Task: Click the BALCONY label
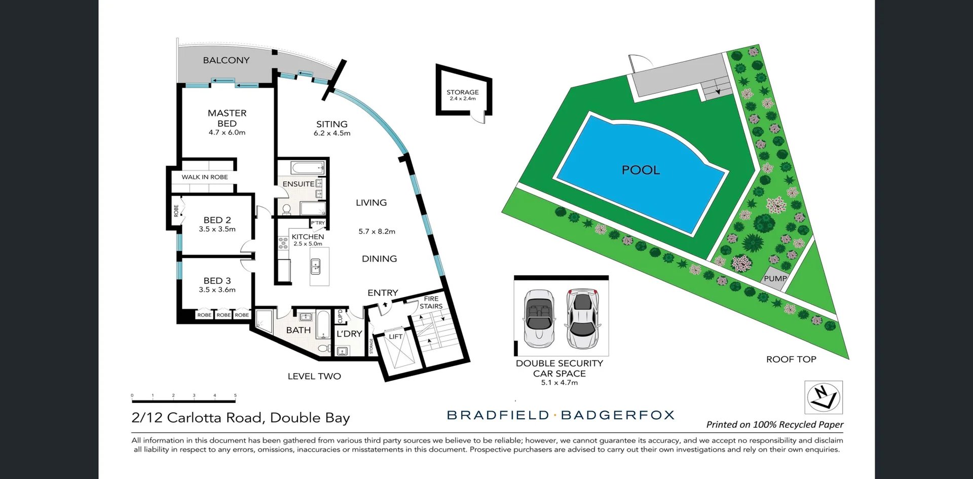coord(226,60)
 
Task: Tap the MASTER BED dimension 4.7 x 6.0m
coord(227,133)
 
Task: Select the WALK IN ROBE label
coord(205,177)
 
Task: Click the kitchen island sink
coord(316,266)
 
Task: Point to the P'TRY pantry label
coord(318,223)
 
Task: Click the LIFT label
coord(396,337)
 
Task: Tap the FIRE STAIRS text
coord(431,303)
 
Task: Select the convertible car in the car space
coord(538,318)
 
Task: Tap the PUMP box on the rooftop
coord(774,278)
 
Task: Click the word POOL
coord(641,170)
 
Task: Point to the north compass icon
coord(824,397)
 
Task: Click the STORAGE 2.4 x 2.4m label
coord(463,95)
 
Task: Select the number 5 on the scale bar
coord(235,395)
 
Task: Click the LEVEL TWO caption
coord(314,376)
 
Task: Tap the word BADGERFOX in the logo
coord(618,415)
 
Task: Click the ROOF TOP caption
coord(791,359)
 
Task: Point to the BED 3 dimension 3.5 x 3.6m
coord(217,290)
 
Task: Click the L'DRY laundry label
coord(349,334)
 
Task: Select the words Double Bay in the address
coord(310,418)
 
